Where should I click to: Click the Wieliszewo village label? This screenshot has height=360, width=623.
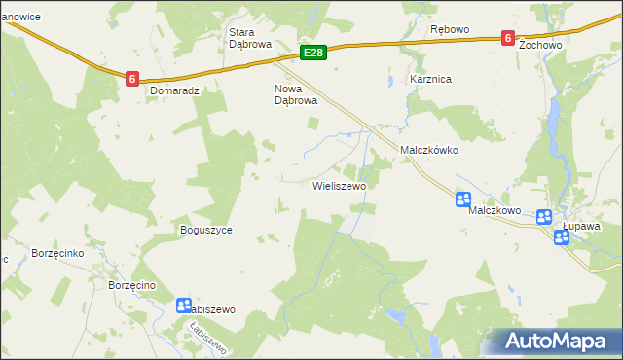pyautogui.click(x=339, y=185)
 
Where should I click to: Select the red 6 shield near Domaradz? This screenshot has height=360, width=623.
pyautogui.click(x=131, y=78)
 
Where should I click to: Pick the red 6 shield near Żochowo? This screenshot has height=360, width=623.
pyautogui.click(x=507, y=38)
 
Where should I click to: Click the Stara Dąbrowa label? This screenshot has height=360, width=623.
pyautogui.click(x=247, y=37)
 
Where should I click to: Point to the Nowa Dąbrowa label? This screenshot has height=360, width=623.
pyautogui.click(x=296, y=93)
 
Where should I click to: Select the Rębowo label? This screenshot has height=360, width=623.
pyautogui.click(x=450, y=29)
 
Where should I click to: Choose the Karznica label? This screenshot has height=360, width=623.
pyautogui.click(x=430, y=79)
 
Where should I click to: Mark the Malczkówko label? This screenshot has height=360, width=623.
pyautogui.click(x=429, y=151)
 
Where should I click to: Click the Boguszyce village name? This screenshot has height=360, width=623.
pyautogui.click(x=205, y=231)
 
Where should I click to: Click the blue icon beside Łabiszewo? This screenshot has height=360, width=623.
pyautogui.click(x=184, y=306)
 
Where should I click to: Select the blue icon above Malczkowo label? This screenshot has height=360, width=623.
pyautogui.click(x=463, y=199)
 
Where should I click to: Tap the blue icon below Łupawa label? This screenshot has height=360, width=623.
pyautogui.click(x=562, y=237)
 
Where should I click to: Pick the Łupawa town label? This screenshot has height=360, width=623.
pyautogui.click(x=581, y=225)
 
